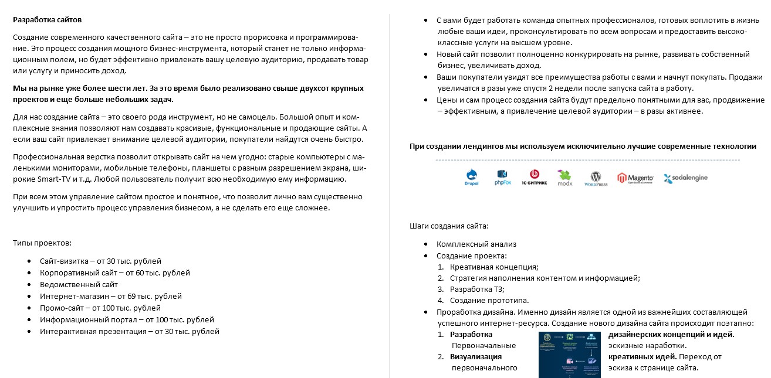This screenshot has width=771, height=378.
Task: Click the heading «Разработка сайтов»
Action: click(x=48, y=20)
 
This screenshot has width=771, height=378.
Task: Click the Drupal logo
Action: click(x=471, y=177)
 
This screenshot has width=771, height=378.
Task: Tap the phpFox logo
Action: click(x=503, y=177)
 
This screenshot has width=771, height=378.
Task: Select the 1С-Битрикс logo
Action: click(x=534, y=177)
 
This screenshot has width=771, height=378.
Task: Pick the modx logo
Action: click(x=564, y=177)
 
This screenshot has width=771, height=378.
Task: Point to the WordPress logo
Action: click(x=596, y=177)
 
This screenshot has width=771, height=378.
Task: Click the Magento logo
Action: click(x=634, y=177)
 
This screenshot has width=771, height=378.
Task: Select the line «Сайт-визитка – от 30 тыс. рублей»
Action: click(x=100, y=261)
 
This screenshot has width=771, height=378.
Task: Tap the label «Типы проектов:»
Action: click(x=42, y=243)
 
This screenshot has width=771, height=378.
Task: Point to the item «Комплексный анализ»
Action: click(x=476, y=244)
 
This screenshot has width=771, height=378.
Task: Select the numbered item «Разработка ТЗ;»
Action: click(x=477, y=289)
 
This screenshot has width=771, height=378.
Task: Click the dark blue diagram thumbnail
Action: click(x=569, y=354)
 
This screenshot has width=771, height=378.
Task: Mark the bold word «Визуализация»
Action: click(x=475, y=356)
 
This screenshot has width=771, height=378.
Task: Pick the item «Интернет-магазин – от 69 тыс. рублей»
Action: click(x=111, y=296)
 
